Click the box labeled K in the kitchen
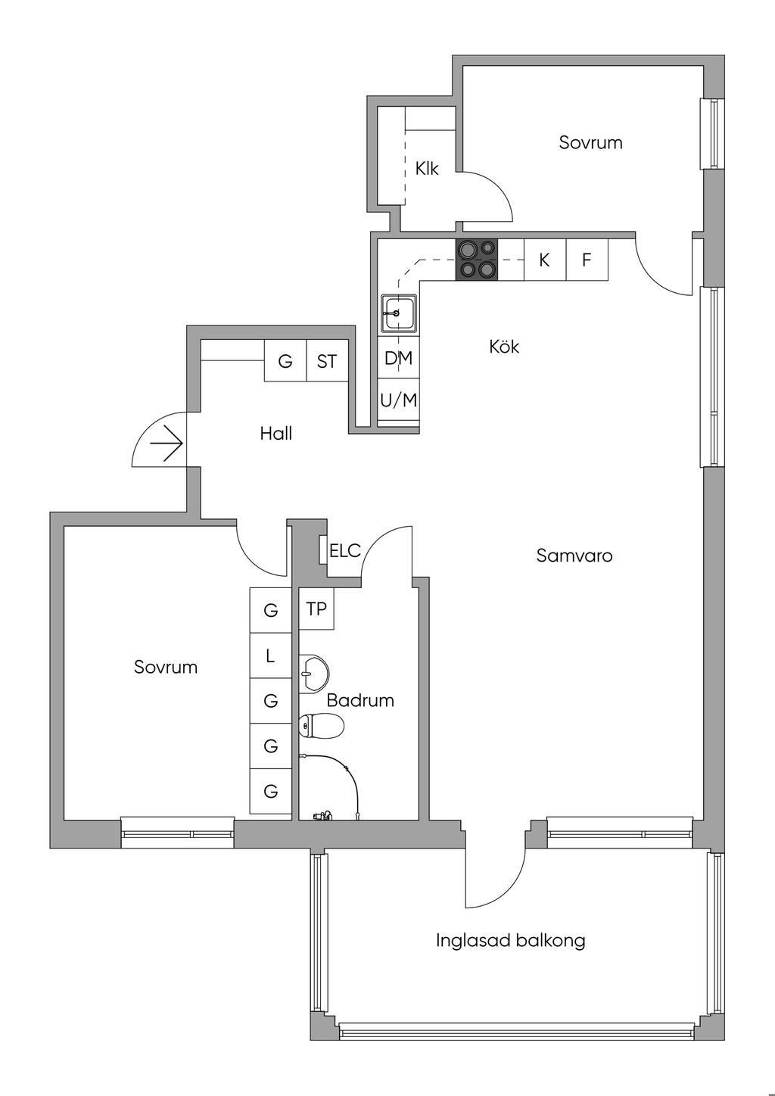point(545,260)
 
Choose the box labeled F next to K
point(587,260)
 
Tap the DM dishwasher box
point(398,358)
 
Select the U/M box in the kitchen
point(398,400)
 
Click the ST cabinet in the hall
point(327,361)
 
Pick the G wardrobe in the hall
point(285,361)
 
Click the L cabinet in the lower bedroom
point(270,655)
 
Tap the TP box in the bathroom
point(316,609)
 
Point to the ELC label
point(345,551)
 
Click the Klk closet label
point(427,168)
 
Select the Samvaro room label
point(574,556)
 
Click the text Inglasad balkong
point(511,941)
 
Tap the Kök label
point(504,347)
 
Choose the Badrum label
point(360,700)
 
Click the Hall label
point(275,434)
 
